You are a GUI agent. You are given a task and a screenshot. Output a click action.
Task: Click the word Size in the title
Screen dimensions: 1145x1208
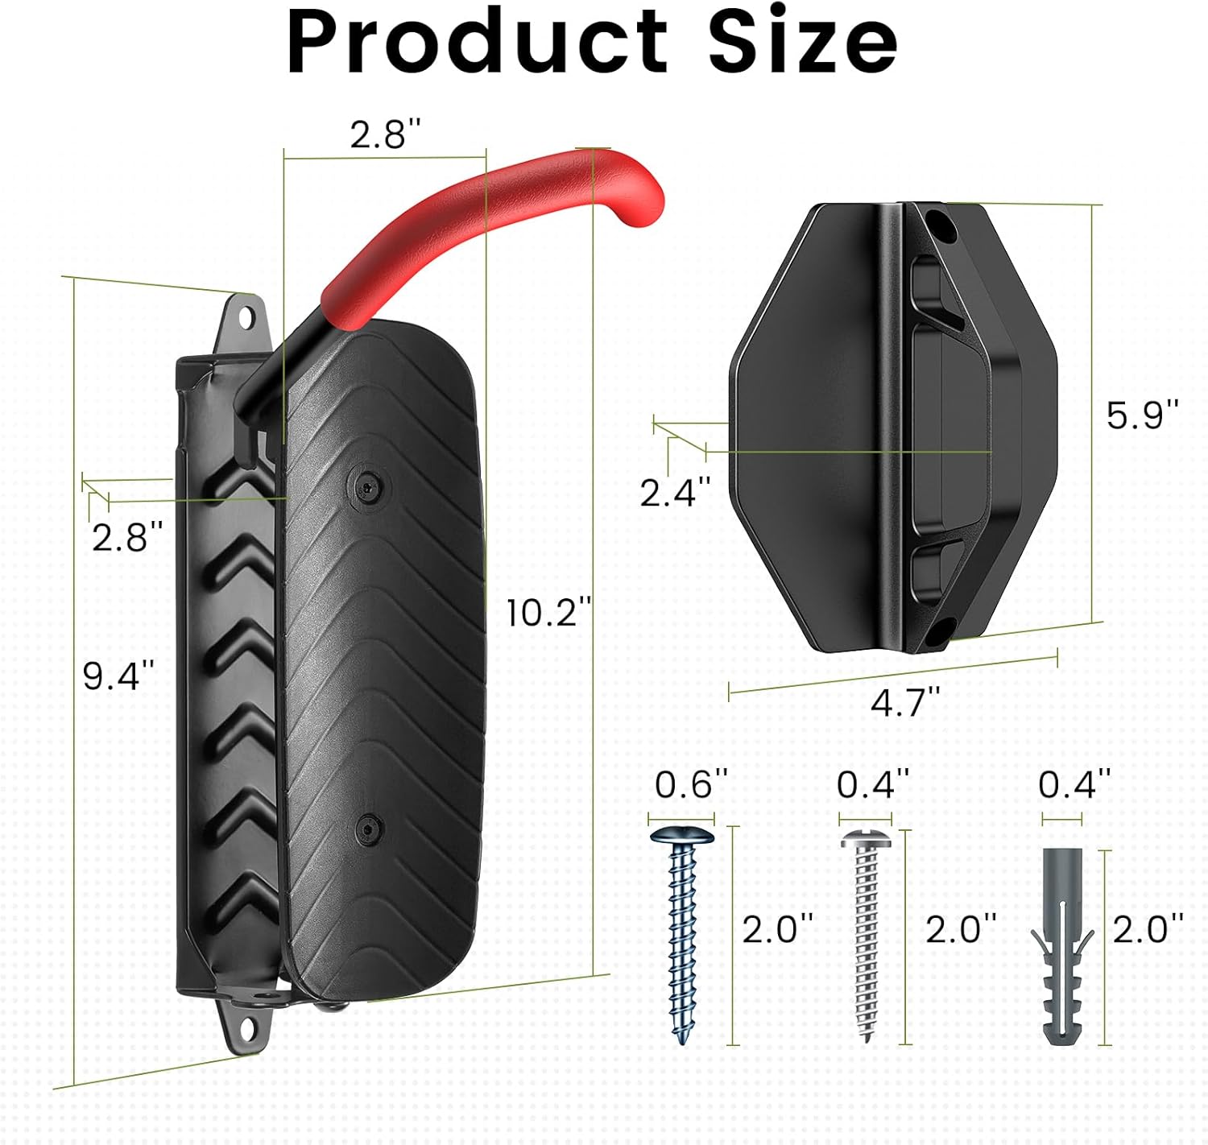point(802,42)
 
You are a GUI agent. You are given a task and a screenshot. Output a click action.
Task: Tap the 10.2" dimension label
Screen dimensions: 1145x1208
point(548,613)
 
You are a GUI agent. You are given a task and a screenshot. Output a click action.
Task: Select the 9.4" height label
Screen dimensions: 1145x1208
point(118,675)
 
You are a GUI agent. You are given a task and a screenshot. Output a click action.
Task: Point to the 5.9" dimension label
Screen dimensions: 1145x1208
point(1142,415)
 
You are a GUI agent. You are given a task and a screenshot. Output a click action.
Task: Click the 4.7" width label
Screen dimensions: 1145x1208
point(905,702)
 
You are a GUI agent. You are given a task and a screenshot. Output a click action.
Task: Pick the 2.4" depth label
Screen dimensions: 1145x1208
point(675,492)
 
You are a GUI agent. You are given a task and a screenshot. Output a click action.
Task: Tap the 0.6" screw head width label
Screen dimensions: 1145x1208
point(691,784)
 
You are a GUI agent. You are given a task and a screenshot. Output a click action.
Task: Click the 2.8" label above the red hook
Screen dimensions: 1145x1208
point(385,134)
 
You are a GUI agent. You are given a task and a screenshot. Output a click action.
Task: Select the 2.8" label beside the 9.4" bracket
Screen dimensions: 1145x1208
point(126,537)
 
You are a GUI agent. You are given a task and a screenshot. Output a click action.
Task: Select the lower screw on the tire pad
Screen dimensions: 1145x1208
point(367,829)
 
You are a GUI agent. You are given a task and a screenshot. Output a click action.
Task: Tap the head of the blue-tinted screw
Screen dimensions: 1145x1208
point(682,835)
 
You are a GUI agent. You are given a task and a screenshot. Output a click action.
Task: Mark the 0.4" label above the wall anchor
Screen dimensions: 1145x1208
point(1074,784)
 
